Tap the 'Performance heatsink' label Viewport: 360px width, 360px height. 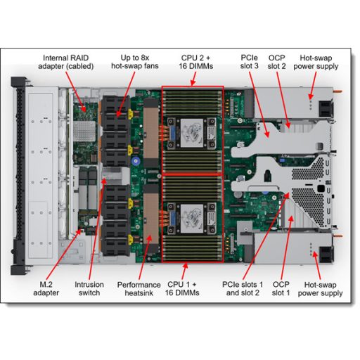139,289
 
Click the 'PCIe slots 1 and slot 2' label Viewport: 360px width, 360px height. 240,289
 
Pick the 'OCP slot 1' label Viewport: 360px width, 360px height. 281,289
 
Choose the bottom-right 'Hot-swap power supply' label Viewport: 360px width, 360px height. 319,289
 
